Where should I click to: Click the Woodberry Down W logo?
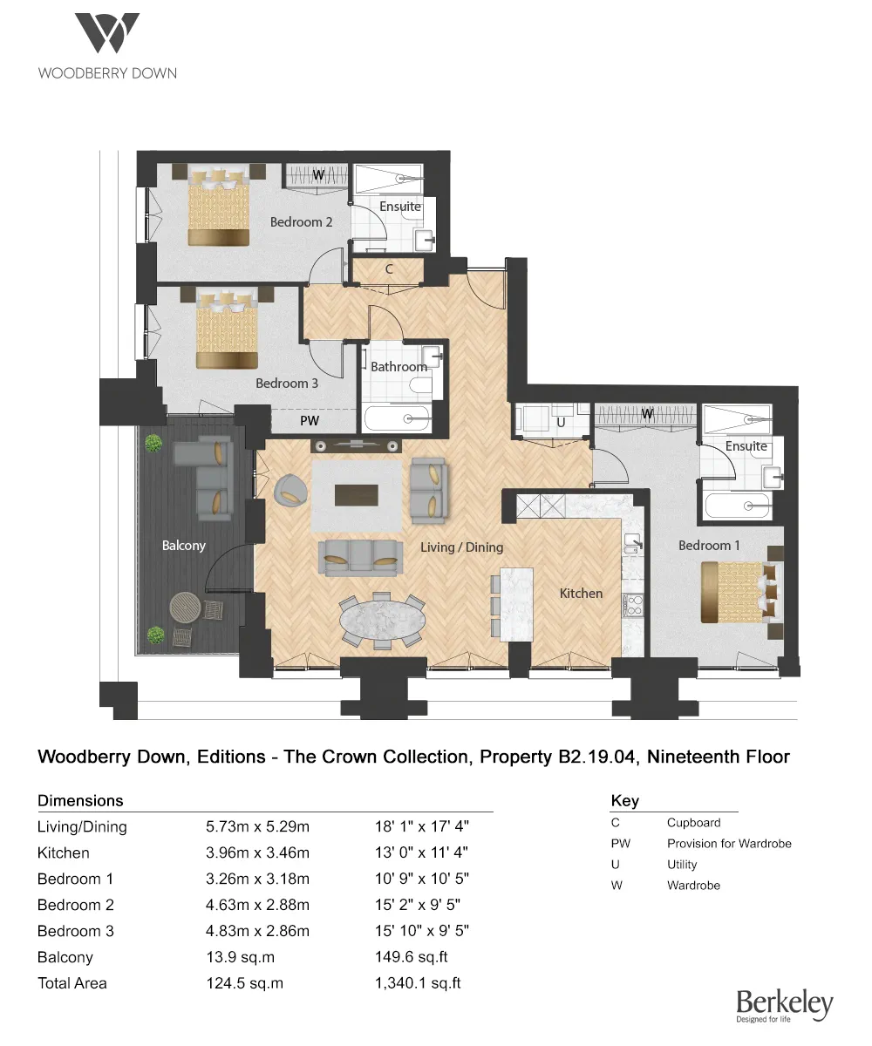coord(106,34)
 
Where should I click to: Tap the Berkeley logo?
coord(784,1006)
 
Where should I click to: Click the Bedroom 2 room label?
coord(301,222)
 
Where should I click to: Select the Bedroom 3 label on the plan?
coord(287,384)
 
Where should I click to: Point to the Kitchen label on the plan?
coord(581,594)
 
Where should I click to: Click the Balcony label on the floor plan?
coord(184,546)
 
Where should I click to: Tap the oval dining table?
coord(381,619)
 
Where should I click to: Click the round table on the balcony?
coord(184,607)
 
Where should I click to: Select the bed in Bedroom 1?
coord(738,592)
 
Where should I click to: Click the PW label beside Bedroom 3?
coord(310,421)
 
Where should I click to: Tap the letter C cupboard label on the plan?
coord(390,269)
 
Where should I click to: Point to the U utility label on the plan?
coord(561,422)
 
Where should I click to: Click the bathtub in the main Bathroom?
coord(397,418)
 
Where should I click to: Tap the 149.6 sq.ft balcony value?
coord(411,957)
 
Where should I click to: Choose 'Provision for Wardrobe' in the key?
coord(729,844)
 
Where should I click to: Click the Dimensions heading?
coord(80,800)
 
